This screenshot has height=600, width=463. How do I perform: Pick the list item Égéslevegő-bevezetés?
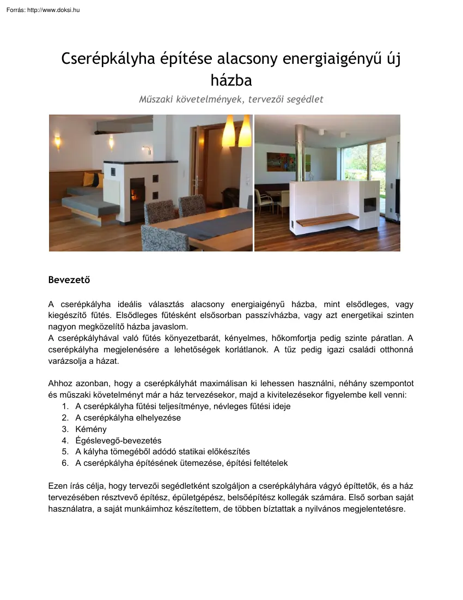pyautogui.click(x=118, y=440)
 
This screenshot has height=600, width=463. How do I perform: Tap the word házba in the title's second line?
pyautogui.click(x=231, y=81)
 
